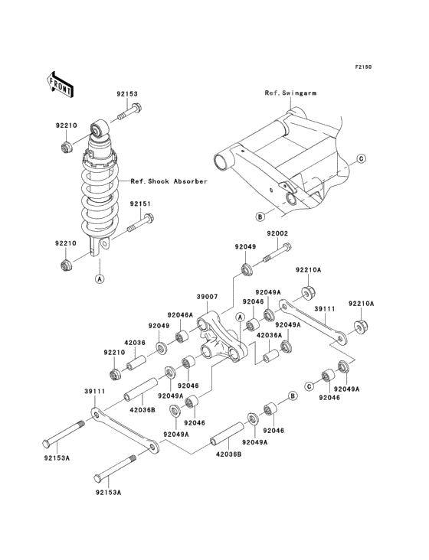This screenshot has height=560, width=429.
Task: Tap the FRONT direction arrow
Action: point(61,83)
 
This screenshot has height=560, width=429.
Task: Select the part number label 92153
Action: point(127,94)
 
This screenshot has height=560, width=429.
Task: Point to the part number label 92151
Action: point(139,204)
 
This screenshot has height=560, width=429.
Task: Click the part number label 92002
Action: point(277,233)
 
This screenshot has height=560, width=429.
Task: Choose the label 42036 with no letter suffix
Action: point(136,342)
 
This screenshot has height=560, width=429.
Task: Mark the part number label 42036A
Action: point(269,335)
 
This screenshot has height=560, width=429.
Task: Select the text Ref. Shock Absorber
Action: point(169,181)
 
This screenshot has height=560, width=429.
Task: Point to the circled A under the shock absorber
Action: point(99,278)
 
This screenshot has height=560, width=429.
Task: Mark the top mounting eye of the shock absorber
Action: point(100,129)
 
